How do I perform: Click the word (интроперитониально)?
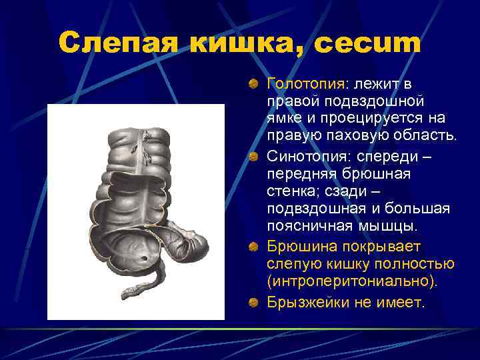353,283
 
